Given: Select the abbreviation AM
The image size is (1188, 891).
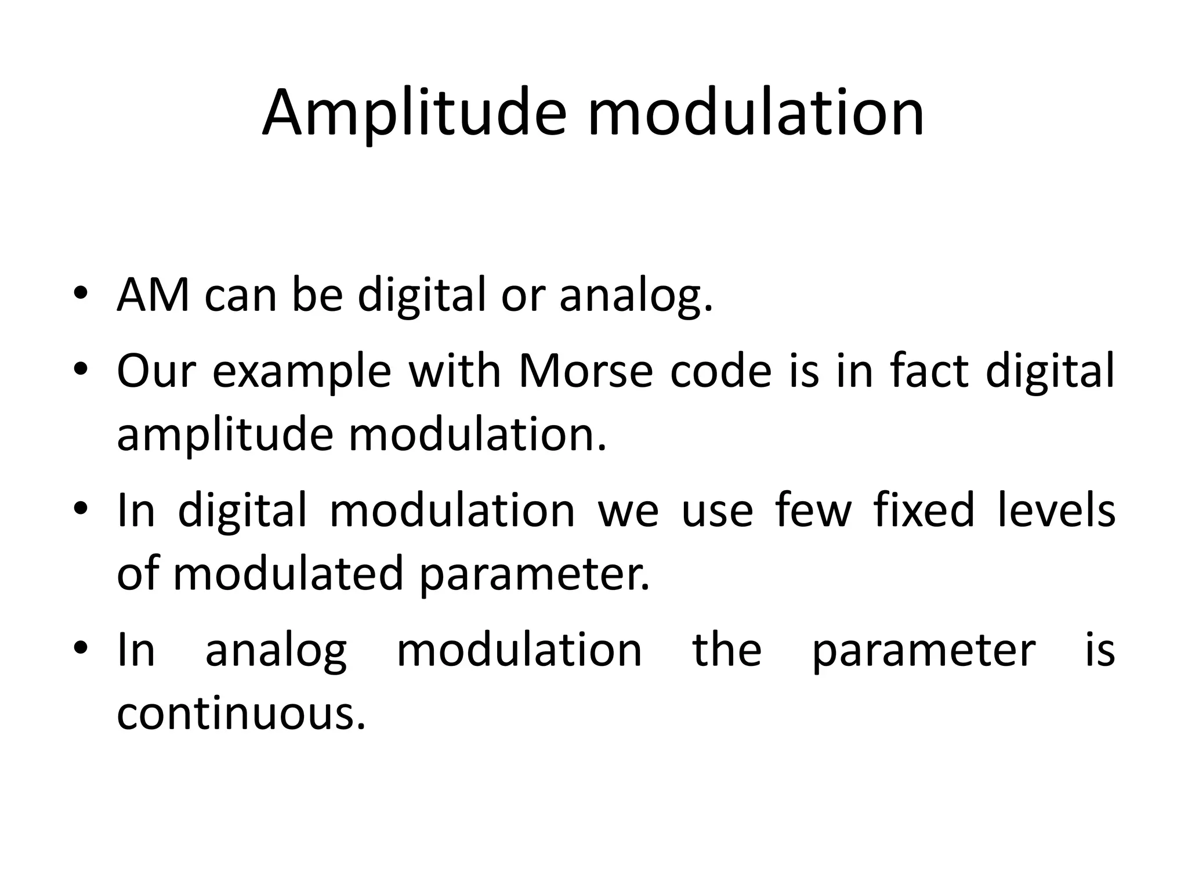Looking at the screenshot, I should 153,295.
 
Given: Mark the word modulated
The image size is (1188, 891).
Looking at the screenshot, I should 288,574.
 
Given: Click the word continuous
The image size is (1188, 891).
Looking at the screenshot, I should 241,713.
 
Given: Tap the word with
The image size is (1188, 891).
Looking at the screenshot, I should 455,371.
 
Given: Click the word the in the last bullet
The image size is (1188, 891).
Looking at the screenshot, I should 727,649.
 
